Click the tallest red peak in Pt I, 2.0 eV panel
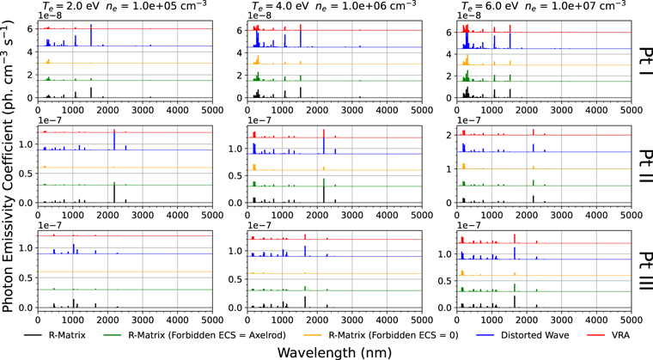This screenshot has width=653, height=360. [x=91, y=27]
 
